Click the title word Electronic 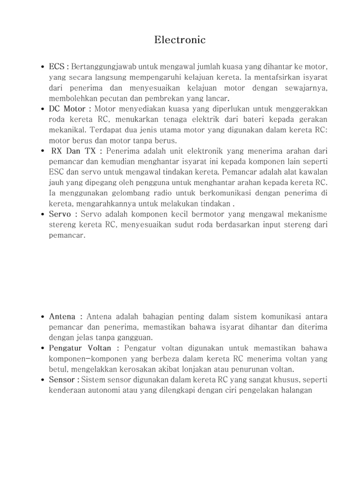pyautogui.click(x=180, y=40)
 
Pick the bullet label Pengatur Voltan pyautogui.click(x=80, y=348)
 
